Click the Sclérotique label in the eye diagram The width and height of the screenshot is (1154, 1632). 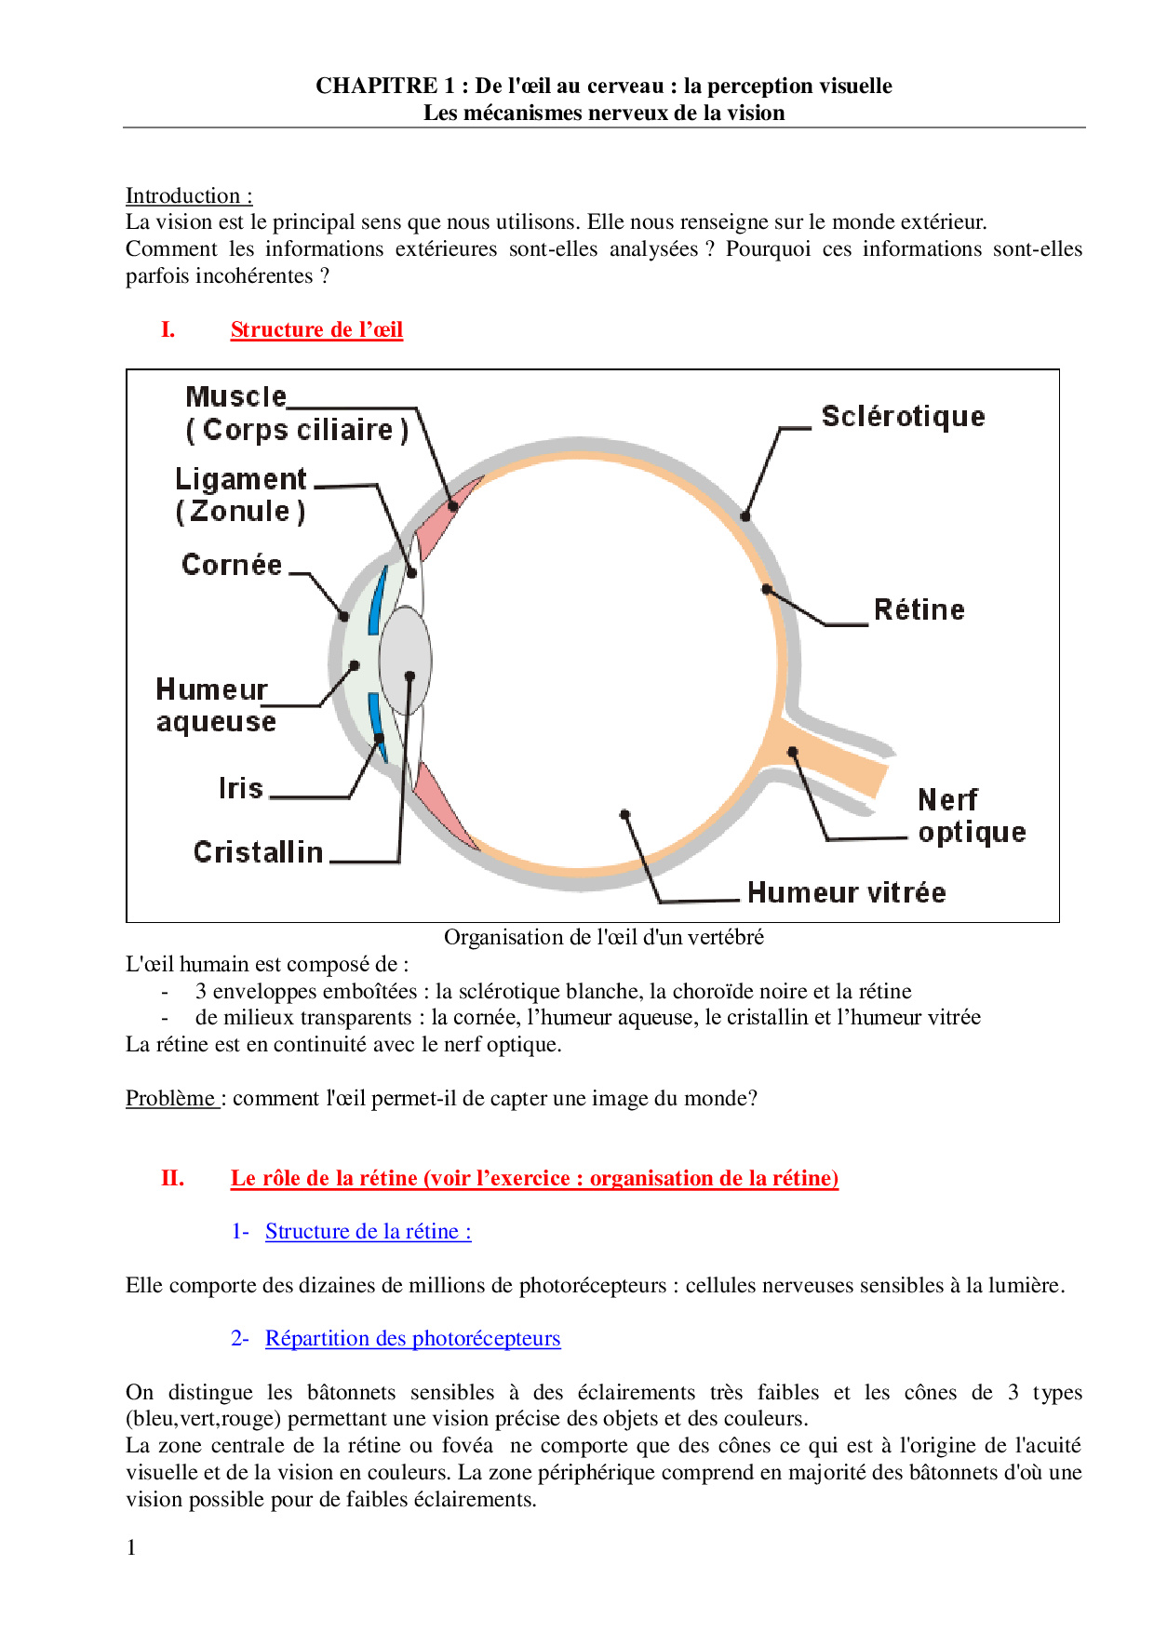(x=903, y=417)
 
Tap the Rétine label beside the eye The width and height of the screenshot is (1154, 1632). (x=919, y=610)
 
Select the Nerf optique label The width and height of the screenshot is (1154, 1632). (x=971, y=816)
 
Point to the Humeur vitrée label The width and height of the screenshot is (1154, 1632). (x=846, y=893)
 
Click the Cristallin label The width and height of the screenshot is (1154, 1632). (x=258, y=852)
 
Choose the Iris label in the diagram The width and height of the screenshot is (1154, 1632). (x=241, y=788)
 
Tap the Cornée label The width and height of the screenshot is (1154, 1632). (x=232, y=565)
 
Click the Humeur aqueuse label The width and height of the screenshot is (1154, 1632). (x=216, y=705)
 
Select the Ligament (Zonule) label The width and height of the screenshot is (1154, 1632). (x=241, y=495)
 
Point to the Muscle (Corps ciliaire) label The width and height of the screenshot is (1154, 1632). (x=296, y=414)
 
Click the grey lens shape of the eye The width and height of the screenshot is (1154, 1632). (x=406, y=660)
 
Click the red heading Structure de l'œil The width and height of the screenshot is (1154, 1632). (x=316, y=330)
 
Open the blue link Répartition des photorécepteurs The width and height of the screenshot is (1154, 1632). (x=412, y=1339)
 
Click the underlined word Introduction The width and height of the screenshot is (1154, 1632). (x=183, y=196)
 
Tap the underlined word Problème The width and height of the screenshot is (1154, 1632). (x=170, y=1099)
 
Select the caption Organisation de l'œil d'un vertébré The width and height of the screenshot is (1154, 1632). (x=603, y=937)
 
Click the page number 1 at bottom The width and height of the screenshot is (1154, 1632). (x=131, y=1547)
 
